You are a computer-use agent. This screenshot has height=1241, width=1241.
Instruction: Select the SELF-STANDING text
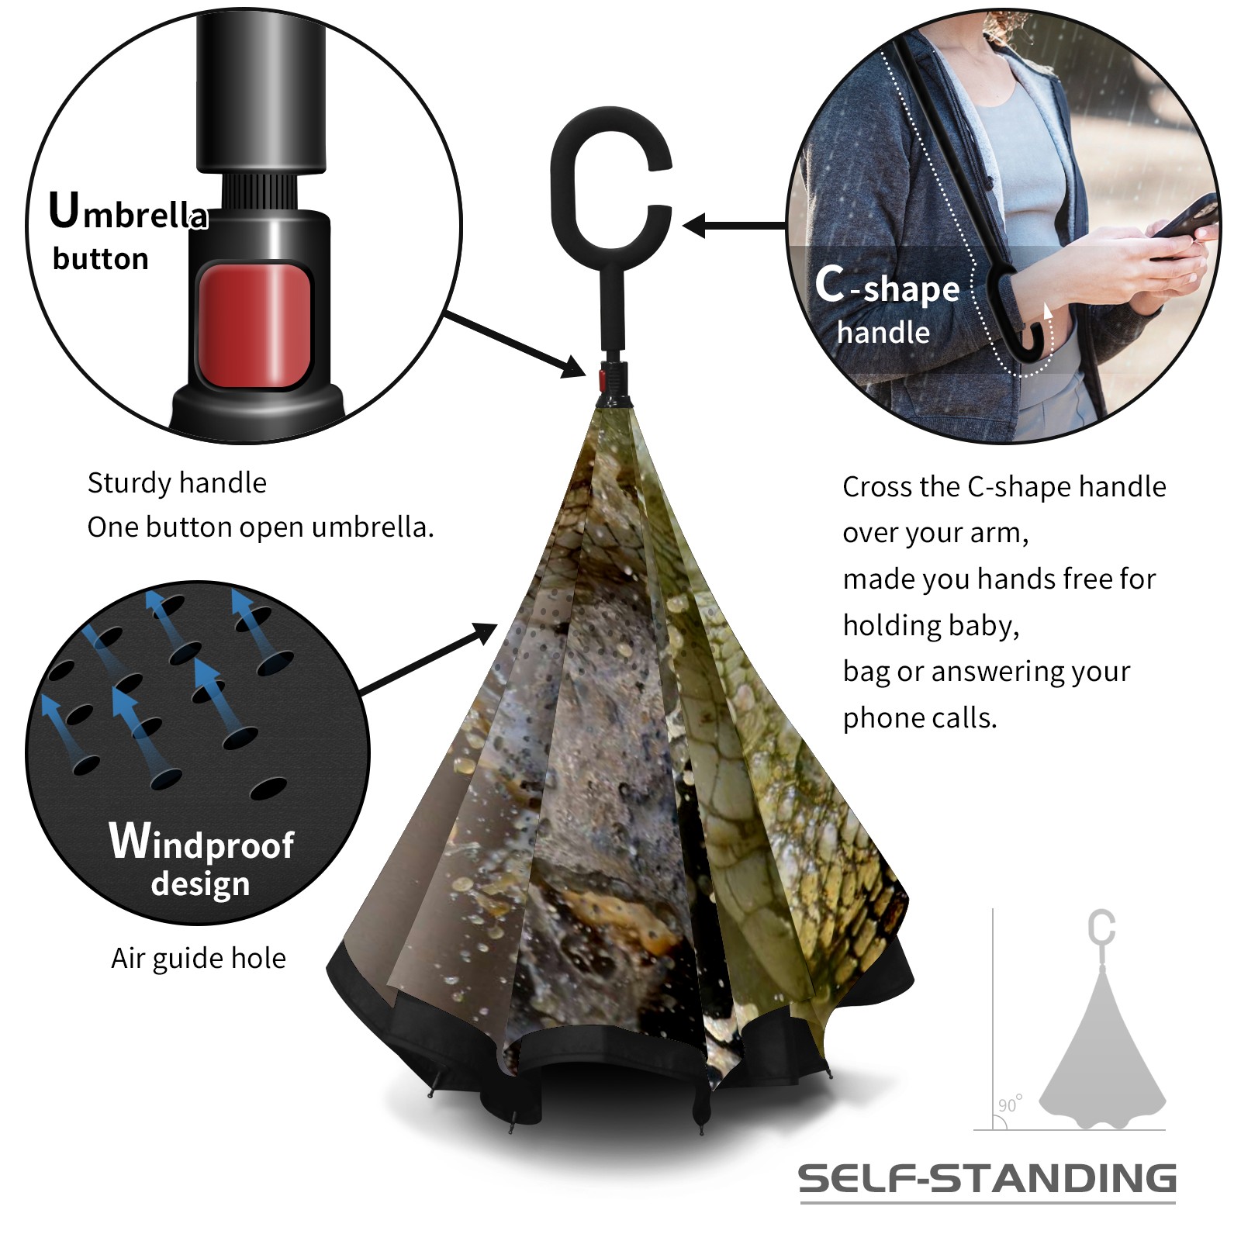pos(987,1179)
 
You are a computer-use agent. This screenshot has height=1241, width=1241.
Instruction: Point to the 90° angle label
pos(1010,1104)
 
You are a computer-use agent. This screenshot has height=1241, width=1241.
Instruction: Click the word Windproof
pos(202,842)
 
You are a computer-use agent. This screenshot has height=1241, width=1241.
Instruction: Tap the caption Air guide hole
pos(199,959)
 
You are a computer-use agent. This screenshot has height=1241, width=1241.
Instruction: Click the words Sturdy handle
pos(177,482)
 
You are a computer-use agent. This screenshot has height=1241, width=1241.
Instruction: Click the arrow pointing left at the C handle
pos(735,226)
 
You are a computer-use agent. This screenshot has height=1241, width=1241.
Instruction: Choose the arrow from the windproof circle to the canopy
pos(429,659)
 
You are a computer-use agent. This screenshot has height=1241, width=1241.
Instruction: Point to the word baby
pos(983,625)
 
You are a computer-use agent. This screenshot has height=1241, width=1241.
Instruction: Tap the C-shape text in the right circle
pos(887,285)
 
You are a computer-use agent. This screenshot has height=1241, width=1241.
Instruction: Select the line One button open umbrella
pos(261,527)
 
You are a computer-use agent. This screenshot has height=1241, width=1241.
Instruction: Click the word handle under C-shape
pos(883,333)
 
